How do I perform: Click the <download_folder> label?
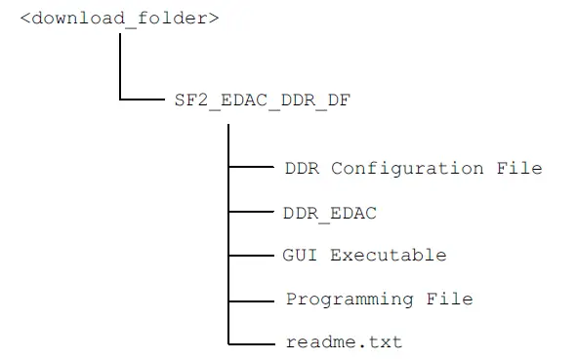(x=119, y=20)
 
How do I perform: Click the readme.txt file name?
(x=344, y=342)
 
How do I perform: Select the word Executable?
(x=388, y=256)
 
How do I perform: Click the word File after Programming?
(x=449, y=299)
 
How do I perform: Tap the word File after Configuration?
(x=518, y=168)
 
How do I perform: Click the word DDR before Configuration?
(x=302, y=168)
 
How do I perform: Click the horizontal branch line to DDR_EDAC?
(x=251, y=211)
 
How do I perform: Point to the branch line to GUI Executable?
(x=251, y=255)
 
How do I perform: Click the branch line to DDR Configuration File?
(x=251, y=168)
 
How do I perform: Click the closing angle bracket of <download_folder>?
(x=213, y=20)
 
